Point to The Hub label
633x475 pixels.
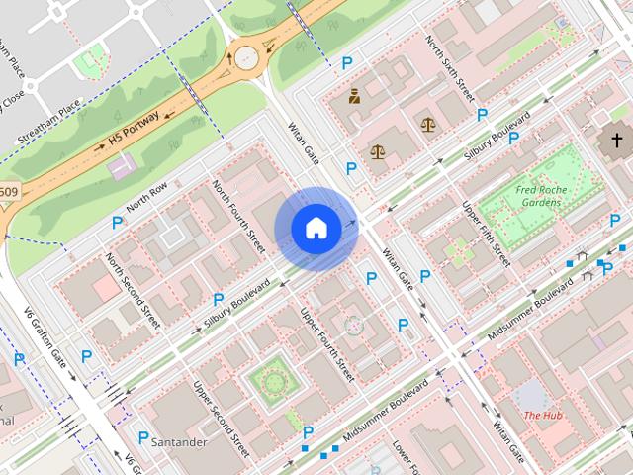pos(542,415)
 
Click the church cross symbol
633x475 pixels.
pos(616,142)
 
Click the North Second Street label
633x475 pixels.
pos(133,289)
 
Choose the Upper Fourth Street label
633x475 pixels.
pos(327,345)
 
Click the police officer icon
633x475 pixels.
pos(352,96)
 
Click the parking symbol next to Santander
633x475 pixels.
pos(143,437)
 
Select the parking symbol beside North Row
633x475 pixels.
pos(117,226)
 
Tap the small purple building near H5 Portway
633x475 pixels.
pos(124,167)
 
